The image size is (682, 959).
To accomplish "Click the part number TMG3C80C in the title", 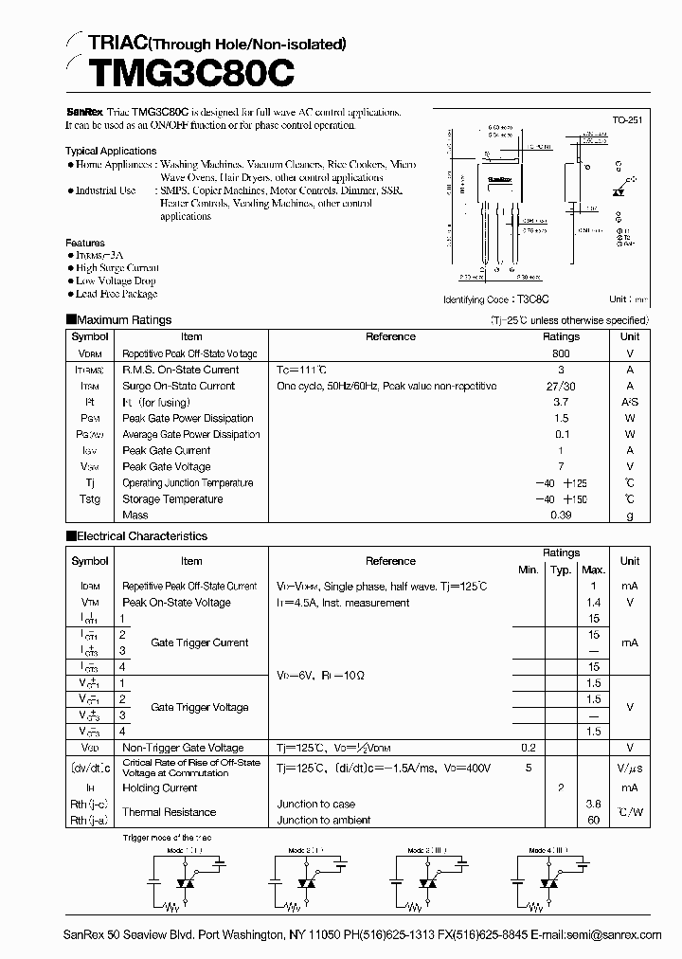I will pyautogui.click(x=179, y=72).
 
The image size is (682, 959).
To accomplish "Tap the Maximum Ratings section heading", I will pyautogui.click(x=123, y=320).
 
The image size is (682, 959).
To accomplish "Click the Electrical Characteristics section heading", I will pyautogui.click(x=141, y=536).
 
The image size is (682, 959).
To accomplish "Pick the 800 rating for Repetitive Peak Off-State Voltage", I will pyautogui.click(x=561, y=353).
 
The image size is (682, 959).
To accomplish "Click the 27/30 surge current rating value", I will pyautogui.click(x=561, y=386).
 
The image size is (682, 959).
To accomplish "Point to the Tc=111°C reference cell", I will pyautogui.click(x=302, y=370).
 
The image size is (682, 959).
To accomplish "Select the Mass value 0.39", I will pyautogui.click(x=561, y=516).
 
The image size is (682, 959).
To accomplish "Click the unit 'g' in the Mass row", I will pyautogui.click(x=630, y=516).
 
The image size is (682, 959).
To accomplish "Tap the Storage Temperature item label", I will pyautogui.click(x=172, y=499).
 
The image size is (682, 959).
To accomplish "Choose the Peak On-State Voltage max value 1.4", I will pyautogui.click(x=593, y=603).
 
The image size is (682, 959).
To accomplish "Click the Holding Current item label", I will pyautogui.click(x=160, y=788).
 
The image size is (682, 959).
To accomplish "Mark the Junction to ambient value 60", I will pyautogui.click(x=593, y=821).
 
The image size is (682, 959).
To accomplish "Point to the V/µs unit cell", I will pyautogui.click(x=630, y=768).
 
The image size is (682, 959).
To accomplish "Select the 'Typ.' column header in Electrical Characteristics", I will pyautogui.click(x=561, y=570).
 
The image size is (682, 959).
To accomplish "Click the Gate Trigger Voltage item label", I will pyautogui.click(x=199, y=707).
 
